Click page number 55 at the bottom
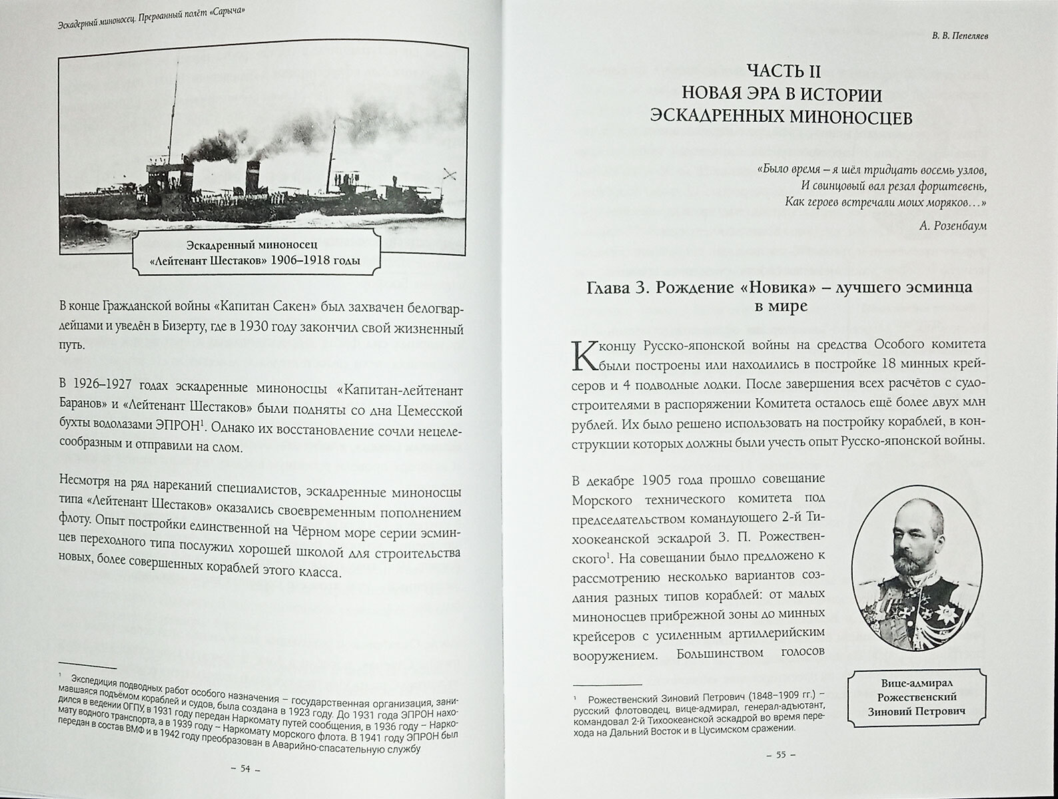pyautogui.click(x=780, y=755)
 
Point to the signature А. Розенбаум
pyautogui.click(x=946, y=226)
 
